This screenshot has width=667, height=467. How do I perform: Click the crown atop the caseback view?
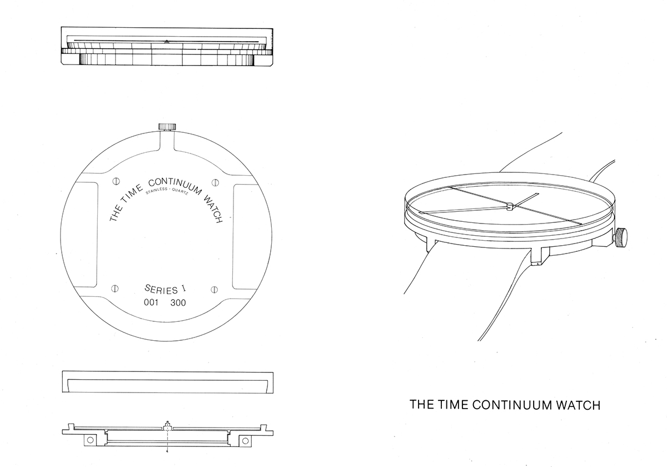(x=167, y=127)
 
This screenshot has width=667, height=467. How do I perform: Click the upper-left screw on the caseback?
(x=116, y=181)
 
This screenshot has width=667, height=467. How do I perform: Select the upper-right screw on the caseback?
(x=215, y=182)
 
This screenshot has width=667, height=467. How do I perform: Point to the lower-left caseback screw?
(x=115, y=289)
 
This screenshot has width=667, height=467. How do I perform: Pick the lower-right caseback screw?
(x=214, y=290)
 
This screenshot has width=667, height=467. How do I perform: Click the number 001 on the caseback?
(x=151, y=302)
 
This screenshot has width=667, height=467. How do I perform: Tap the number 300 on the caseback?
(x=178, y=303)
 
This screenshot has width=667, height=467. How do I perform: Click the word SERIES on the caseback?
(x=161, y=289)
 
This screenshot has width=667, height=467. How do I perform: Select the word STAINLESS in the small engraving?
(x=156, y=191)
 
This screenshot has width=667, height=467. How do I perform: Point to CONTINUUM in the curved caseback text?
(x=175, y=186)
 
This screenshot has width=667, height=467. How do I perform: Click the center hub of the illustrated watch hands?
(x=509, y=206)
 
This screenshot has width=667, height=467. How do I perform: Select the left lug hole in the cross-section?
(x=90, y=440)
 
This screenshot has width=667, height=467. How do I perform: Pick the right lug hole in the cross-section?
(x=245, y=440)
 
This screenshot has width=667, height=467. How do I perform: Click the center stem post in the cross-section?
(x=168, y=426)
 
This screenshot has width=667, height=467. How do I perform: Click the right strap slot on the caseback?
(x=245, y=237)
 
